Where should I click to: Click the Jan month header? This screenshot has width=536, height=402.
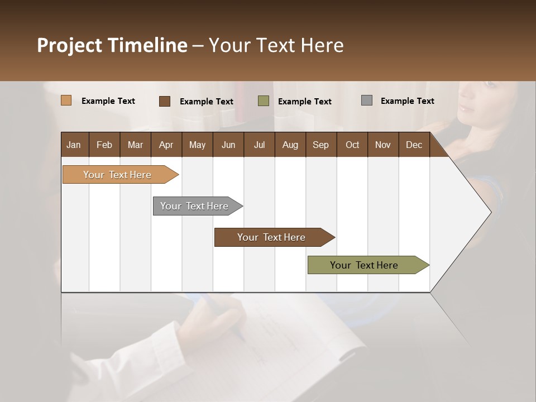click(74, 145)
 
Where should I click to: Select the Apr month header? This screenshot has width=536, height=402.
click(166, 145)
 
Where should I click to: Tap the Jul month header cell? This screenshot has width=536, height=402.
click(259, 145)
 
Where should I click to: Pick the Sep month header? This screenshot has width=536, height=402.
click(321, 145)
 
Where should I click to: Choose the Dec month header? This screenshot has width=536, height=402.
click(414, 145)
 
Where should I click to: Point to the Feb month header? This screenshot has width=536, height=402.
click(104, 145)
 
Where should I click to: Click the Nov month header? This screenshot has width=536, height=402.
click(383, 145)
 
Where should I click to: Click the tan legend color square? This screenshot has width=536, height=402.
click(66, 100)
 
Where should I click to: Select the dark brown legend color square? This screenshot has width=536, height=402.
click(164, 101)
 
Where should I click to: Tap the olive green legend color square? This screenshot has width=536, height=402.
click(263, 101)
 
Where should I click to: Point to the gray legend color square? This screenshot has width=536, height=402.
click(367, 100)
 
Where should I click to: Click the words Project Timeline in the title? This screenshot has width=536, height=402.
click(112, 45)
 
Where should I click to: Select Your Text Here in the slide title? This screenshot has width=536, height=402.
click(276, 45)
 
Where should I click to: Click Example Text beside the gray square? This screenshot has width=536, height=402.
click(407, 101)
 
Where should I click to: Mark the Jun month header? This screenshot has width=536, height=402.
click(228, 145)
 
